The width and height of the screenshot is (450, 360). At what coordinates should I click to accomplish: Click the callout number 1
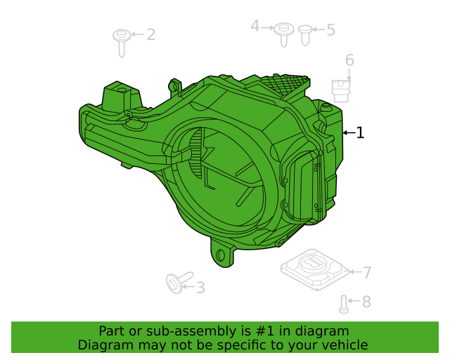pyautogui.click(x=360, y=133)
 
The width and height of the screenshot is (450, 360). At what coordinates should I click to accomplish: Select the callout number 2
pyautogui.click(x=151, y=34)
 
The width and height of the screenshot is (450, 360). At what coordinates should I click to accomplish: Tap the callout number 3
pyautogui.click(x=200, y=288)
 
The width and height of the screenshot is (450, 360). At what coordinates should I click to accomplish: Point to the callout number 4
pyautogui.click(x=255, y=26)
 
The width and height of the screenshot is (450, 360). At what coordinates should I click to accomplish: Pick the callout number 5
pyautogui.click(x=331, y=30)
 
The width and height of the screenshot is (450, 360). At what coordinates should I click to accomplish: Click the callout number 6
pyautogui.click(x=349, y=60)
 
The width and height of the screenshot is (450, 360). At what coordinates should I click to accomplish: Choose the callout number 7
pyautogui.click(x=367, y=272)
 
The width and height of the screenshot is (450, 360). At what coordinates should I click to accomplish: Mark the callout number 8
pyautogui.click(x=366, y=302)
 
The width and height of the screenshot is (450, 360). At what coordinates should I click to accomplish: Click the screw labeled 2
pyautogui.click(x=122, y=42)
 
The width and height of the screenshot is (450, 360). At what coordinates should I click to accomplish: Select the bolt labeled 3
pyautogui.click(x=179, y=282)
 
